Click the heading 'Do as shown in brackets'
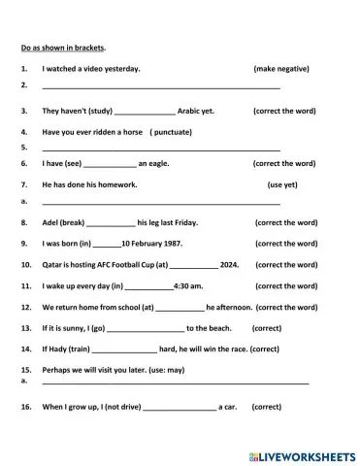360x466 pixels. click(x=63, y=47)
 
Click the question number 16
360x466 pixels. click(x=25, y=408)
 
